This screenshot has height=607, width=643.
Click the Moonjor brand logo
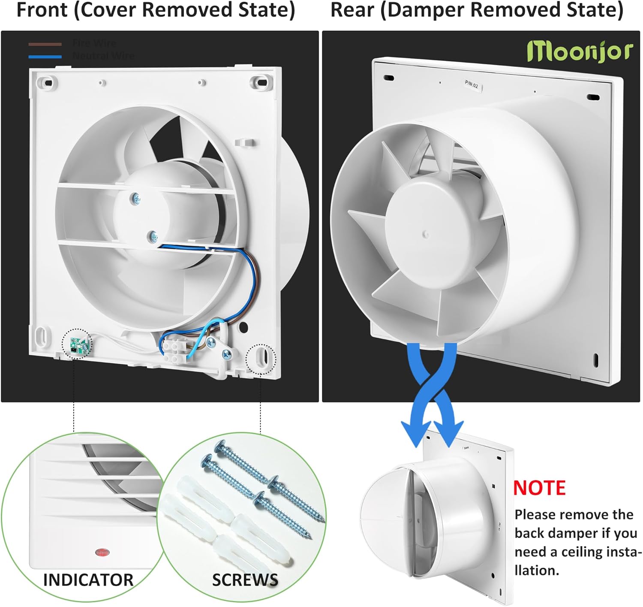pos(580,52)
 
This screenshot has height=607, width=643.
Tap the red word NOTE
pos(539,488)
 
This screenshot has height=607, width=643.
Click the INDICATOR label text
pos(88,580)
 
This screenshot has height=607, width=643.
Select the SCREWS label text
pos(245,580)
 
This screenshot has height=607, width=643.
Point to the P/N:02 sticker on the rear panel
pos(472,85)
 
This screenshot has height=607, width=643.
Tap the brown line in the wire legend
pos(45,44)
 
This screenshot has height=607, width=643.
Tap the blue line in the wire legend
pos(45,56)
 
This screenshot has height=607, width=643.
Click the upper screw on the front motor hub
pos(137,198)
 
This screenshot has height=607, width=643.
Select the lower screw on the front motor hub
pos(152,236)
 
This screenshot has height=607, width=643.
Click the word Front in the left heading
pos(42,10)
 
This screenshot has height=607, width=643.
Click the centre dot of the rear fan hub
pos(426,234)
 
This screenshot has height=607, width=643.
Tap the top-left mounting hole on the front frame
pos(48,82)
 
